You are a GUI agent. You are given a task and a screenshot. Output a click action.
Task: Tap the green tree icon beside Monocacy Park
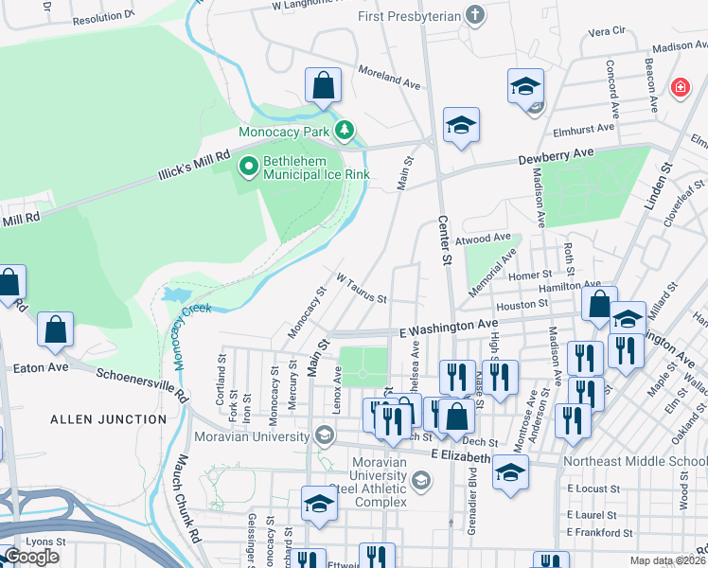[346, 130]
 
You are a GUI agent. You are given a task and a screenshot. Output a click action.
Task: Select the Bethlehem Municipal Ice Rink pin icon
[249, 168]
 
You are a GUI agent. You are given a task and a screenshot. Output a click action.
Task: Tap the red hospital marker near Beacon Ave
[679, 89]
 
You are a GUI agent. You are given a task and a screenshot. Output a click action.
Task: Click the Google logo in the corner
[30, 557]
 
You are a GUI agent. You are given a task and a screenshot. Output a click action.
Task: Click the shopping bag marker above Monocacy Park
[323, 85]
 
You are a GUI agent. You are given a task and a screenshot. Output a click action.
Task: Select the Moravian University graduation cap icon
[325, 436]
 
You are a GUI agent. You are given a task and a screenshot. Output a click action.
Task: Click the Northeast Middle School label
[634, 461]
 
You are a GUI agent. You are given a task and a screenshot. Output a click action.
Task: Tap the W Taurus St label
[362, 287]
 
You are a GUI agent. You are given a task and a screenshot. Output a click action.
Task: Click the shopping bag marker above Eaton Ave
[56, 330]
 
